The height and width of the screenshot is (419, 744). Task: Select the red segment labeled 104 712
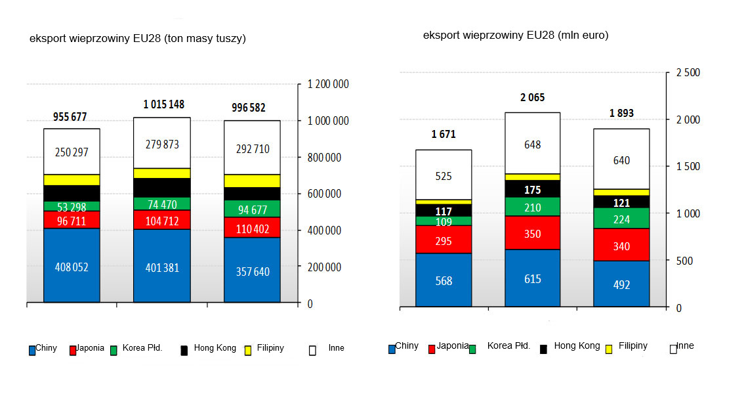tap(161, 219)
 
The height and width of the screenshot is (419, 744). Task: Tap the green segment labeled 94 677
tap(252, 209)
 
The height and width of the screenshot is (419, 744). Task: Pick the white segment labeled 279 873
tap(161, 143)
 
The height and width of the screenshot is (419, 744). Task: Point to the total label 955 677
tap(70, 117)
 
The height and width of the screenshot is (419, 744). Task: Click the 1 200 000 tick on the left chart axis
tap(328, 85)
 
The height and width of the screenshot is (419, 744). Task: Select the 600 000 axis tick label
tap(324, 194)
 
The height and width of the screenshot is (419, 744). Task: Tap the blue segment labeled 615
tap(532, 278)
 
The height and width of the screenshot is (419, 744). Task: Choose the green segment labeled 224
tap(621, 219)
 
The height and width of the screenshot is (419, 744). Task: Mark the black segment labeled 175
tap(532, 189)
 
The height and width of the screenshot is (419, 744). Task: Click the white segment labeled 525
tap(444, 175)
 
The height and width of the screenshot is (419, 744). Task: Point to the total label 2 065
tap(532, 98)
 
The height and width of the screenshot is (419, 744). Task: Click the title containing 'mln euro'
tap(515, 35)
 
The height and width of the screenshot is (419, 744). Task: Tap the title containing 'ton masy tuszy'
tap(138, 39)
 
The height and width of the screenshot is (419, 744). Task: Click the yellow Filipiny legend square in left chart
tap(248, 351)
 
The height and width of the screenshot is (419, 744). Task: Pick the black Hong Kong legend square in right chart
tap(543, 349)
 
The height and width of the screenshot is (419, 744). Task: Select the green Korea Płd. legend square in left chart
tap(114, 351)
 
